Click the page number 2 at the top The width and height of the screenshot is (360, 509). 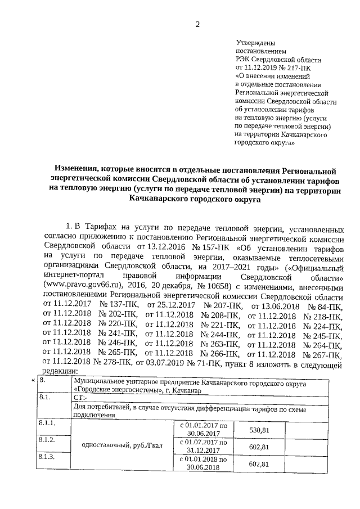tap(197, 24)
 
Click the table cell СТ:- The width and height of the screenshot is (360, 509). tap(81, 397)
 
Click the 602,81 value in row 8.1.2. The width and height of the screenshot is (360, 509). tap(258, 447)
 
